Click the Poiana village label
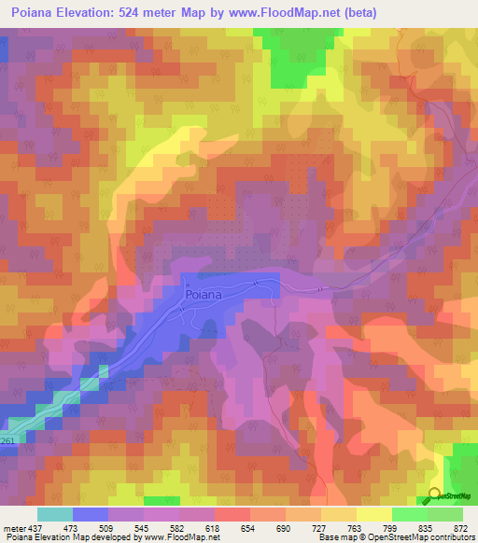(203, 294)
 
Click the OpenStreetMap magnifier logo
(435, 496)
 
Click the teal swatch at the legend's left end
(54, 514)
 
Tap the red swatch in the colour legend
(232, 514)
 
